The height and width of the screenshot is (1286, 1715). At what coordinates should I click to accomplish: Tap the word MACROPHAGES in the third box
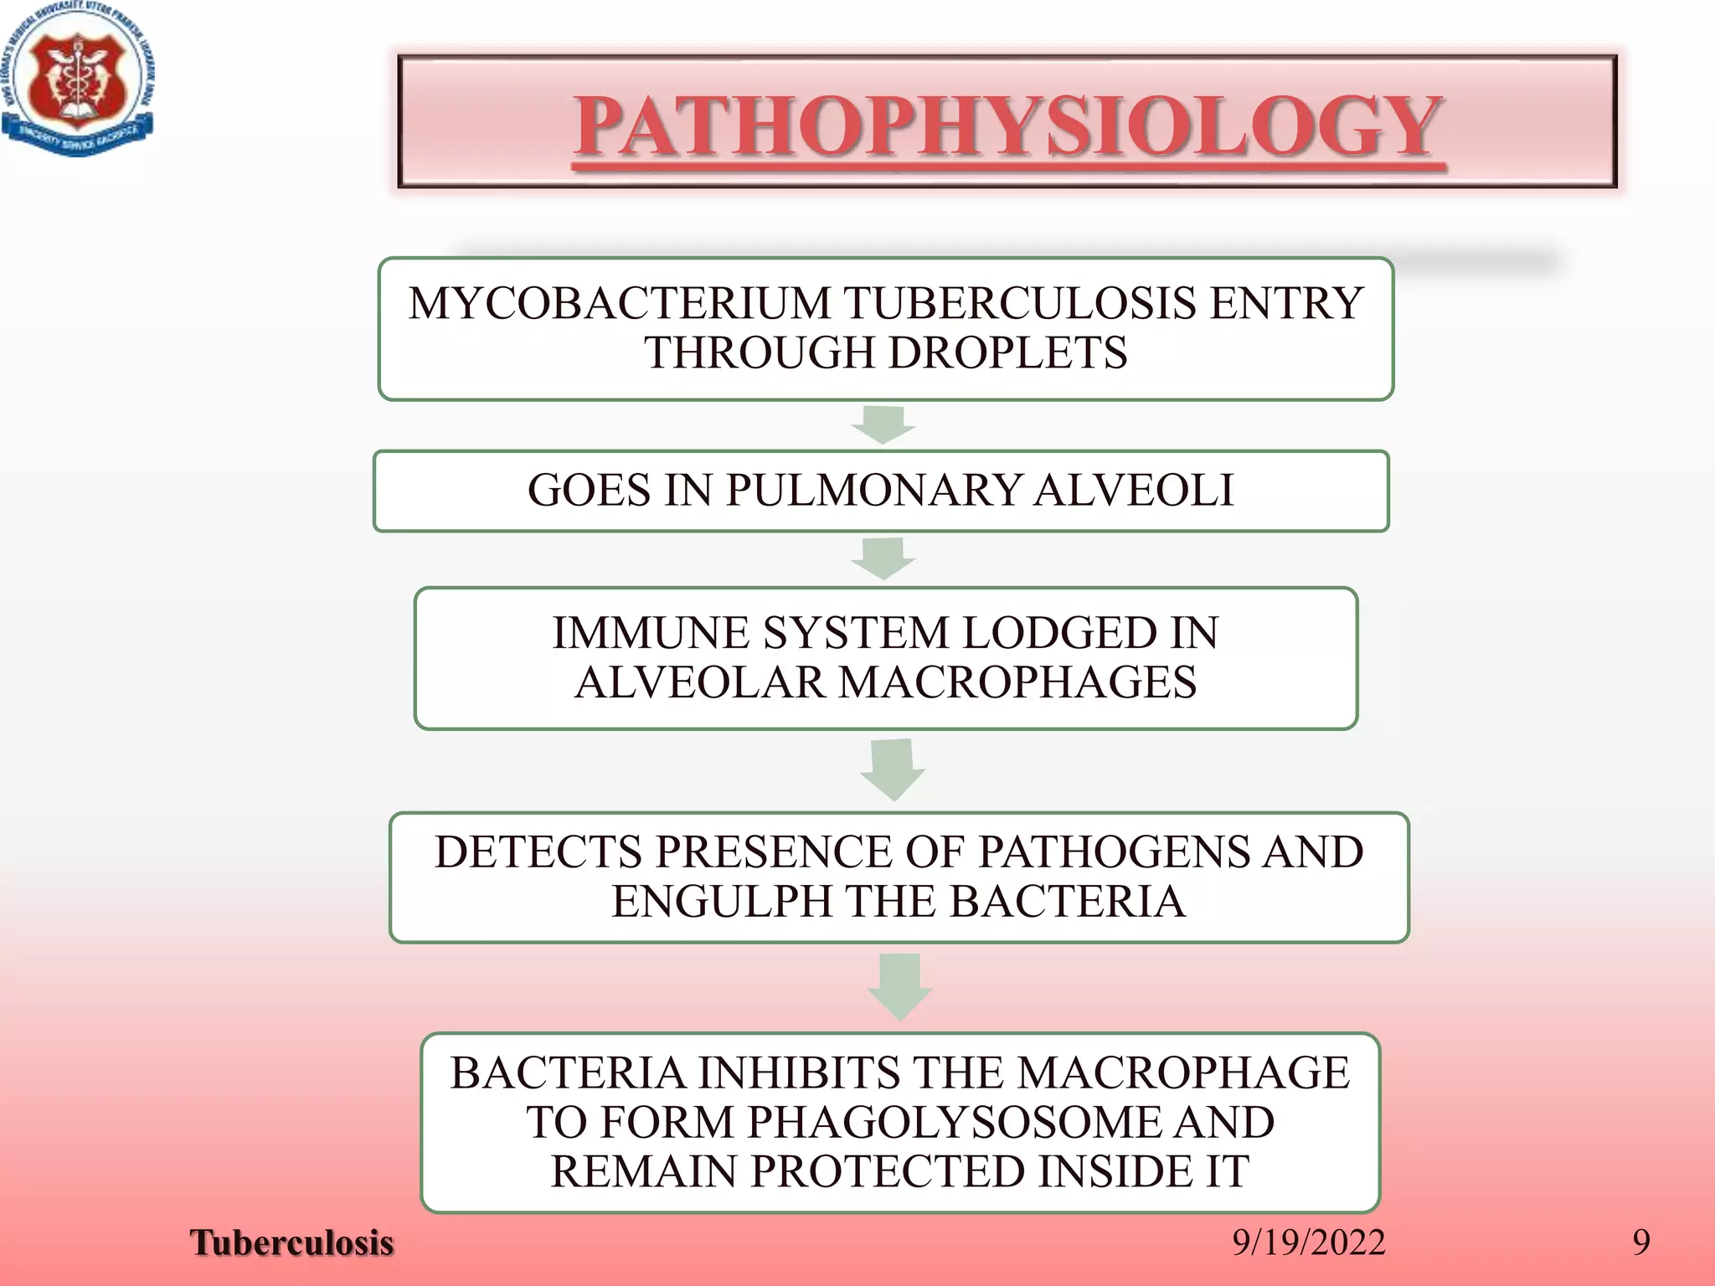[1017, 682]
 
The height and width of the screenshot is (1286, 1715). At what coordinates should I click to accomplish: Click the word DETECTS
[538, 852]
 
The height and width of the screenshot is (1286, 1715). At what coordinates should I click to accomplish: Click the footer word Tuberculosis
[291, 1242]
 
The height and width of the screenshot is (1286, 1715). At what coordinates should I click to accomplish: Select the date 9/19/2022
[1309, 1242]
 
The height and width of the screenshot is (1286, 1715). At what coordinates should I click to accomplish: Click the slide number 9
[1641, 1242]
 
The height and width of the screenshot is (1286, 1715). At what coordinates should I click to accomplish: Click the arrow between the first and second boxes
[883, 424]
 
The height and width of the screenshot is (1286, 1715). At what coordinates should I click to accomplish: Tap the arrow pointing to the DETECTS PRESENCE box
[893, 769]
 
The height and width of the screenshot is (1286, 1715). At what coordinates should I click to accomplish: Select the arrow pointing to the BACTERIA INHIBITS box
[900, 985]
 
